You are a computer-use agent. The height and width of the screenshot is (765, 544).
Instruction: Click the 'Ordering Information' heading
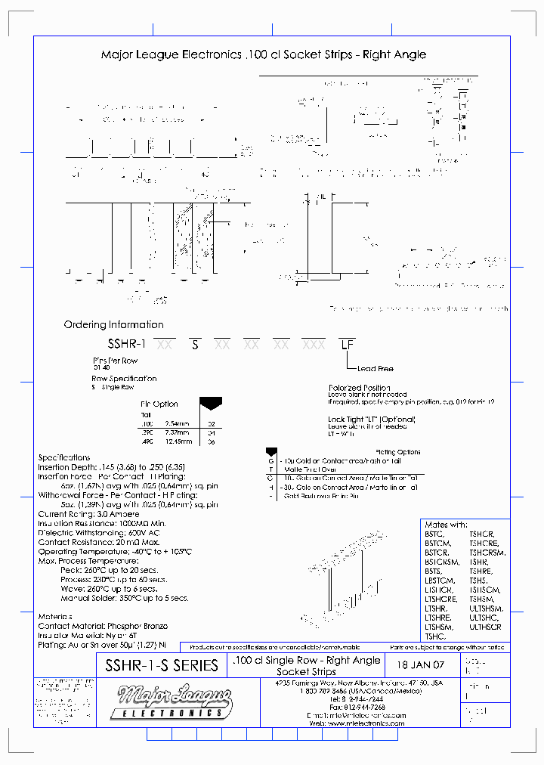(113, 325)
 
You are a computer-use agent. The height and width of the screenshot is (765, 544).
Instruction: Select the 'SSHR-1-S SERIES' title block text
(157, 666)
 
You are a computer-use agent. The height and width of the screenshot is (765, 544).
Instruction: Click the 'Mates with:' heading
(447, 525)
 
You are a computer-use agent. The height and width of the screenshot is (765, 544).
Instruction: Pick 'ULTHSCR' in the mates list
(485, 627)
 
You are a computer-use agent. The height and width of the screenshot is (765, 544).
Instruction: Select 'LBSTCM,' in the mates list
(439, 580)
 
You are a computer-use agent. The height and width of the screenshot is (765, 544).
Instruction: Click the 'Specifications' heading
(64, 458)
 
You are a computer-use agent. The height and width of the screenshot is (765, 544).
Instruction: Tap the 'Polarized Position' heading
(360, 388)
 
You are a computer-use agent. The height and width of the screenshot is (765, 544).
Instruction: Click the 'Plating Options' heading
(397, 452)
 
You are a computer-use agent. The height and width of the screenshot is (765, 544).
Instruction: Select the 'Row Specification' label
(125, 379)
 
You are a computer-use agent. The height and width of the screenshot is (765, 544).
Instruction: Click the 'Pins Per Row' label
(115, 361)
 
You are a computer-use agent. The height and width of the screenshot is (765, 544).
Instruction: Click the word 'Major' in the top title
(117, 55)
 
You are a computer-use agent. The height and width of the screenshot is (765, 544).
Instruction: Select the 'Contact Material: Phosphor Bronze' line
(103, 627)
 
